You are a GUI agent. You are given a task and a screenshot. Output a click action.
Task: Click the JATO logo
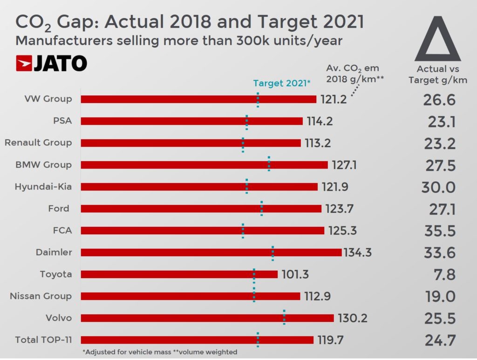click(51, 64)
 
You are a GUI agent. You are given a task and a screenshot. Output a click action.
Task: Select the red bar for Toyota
click(179, 274)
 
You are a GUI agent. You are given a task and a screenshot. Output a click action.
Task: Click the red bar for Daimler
click(211, 252)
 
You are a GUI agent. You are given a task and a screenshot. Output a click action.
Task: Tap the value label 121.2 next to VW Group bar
click(334, 99)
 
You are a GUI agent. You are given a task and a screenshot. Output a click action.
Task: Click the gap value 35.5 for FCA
click(439, 231)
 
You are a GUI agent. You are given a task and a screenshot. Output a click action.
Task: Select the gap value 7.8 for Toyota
click(444, 274)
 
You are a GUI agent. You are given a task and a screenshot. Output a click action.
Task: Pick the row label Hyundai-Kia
click(43, 187)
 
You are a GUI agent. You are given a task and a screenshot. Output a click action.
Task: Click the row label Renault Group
click(38, 143)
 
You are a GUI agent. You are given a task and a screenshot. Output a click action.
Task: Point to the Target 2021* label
click(281, 83)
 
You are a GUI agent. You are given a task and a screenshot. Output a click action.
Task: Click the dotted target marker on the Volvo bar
click(284, 318)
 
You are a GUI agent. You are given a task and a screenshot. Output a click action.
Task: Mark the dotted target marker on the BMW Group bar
click(269, 164)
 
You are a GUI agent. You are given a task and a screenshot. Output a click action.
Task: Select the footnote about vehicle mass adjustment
click(159, 352)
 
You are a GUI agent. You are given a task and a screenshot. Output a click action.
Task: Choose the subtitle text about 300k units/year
click(179, 41)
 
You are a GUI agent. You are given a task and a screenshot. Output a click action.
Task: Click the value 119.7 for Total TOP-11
click(330, 340)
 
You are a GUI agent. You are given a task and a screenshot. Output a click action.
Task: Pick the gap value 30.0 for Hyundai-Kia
click(438, 187)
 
